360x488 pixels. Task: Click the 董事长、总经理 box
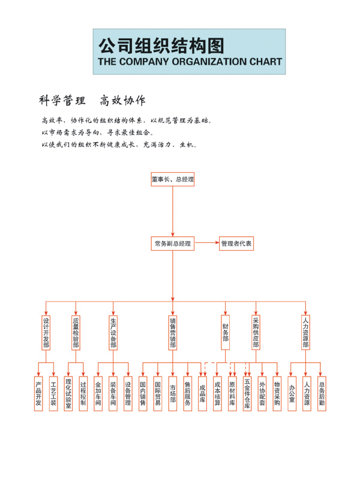(173, 179)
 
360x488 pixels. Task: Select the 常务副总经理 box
(173, 243)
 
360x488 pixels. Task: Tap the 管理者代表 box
(236, 243)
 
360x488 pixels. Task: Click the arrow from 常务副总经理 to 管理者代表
(207, 243)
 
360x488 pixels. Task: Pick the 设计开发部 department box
(46, 332)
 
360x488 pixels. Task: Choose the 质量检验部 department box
(76, 332)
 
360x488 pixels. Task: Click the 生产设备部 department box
(113, 332)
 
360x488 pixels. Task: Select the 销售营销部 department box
(173, 332)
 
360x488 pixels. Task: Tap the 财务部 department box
(225, 332)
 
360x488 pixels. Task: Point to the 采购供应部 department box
(256, 332)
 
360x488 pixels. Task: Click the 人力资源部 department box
(305, 332)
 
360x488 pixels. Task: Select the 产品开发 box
(38, 394)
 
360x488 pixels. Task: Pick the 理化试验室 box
(68, 394)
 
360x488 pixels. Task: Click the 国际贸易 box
(158, 394)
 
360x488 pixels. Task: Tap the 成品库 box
(202, 394)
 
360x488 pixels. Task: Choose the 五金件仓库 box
(247, 394)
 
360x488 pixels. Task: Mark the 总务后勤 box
(322, 394)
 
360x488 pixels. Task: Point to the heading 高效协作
(122, 101)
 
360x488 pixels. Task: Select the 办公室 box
(292, 394)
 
